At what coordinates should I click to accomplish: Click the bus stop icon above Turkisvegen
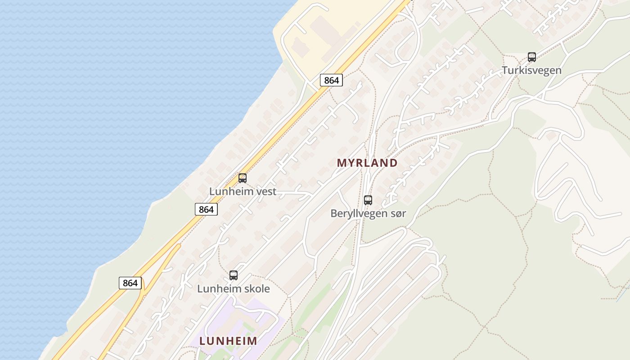tap(532, 57)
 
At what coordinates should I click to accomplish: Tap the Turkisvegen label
tap(531, 71)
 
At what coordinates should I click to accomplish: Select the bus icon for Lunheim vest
tap(243, 178)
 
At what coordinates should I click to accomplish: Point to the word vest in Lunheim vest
tap(266, 191)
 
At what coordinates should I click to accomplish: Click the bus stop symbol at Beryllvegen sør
tap(368, 200)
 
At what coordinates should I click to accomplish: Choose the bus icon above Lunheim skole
tap(234, 275)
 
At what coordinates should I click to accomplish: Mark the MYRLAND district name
tap(367, 163)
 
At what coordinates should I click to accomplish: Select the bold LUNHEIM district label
tap(228, 341)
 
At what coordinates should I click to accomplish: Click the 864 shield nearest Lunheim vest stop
tap(206, 209)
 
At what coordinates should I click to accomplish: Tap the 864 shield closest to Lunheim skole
tap(130, 283)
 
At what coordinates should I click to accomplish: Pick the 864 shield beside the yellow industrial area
tap(331, 81)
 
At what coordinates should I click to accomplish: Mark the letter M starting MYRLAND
tap(342, 163)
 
